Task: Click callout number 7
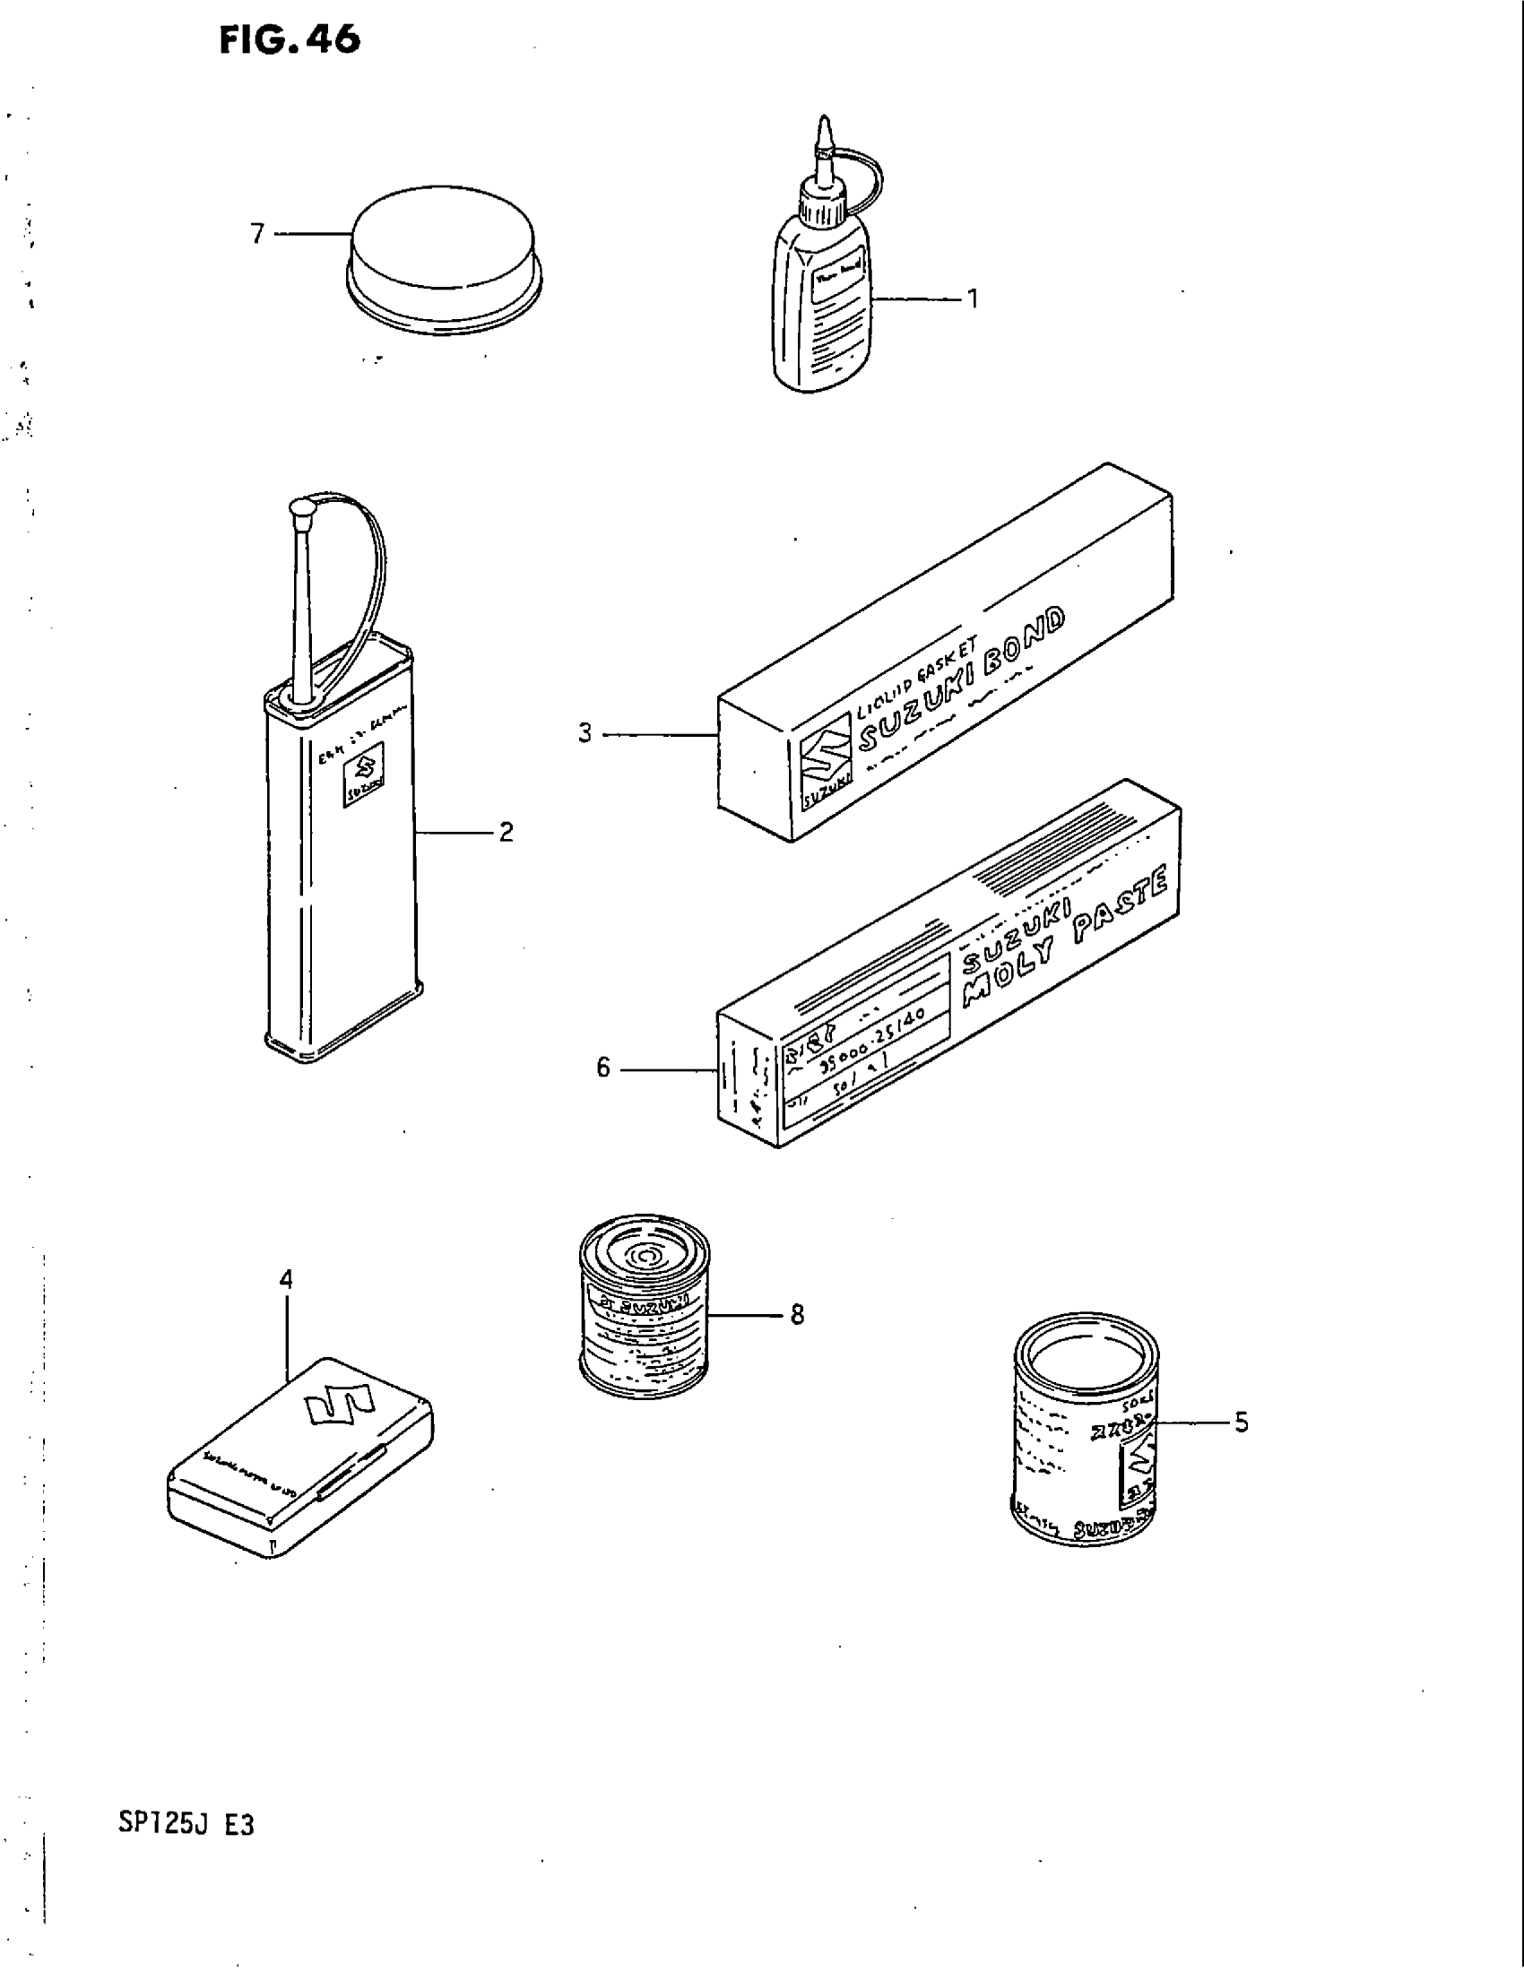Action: (x=258, y=235)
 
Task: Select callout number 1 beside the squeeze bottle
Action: (x=973, y=298)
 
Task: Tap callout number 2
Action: (x=506, y=832)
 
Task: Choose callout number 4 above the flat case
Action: (x=286, y=1278)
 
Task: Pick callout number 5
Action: (x=1242, y=1423)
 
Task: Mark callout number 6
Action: (x=603, y=1068)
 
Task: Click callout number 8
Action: (x=796, y=1315)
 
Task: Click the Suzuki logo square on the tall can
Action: (x=364, y=767)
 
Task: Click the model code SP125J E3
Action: (x=185, y=1826)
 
